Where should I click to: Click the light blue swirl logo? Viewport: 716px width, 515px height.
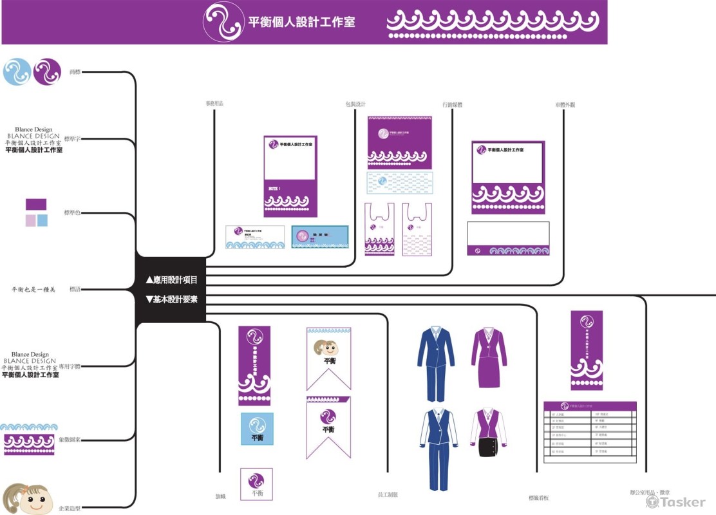pos(17,71)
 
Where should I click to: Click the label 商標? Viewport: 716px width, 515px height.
pos(75,71)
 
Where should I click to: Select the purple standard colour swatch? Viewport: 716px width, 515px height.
pos(36,204)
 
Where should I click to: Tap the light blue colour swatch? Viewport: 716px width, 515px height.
pos(42,220)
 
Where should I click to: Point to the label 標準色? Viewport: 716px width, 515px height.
pos(72,212)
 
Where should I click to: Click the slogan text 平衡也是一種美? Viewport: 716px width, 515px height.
pos(33,290)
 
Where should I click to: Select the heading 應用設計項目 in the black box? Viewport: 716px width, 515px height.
pos(171,281)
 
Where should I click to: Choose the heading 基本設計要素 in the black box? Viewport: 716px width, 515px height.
pos(171,299)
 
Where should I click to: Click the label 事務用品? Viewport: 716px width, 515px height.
pos(214,103)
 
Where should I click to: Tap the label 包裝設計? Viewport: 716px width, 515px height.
pos(355,104)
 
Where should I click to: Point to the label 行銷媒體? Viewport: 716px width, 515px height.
pos(453,104)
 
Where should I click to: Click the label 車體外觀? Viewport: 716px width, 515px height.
pos(565,104)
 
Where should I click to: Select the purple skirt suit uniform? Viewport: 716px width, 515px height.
pos(489,357)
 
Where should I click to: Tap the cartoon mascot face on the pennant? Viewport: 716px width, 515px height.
pos(328,348)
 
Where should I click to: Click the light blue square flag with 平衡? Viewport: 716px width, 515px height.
pos(257,429)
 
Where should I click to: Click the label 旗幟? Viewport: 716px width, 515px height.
pos(220,496)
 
